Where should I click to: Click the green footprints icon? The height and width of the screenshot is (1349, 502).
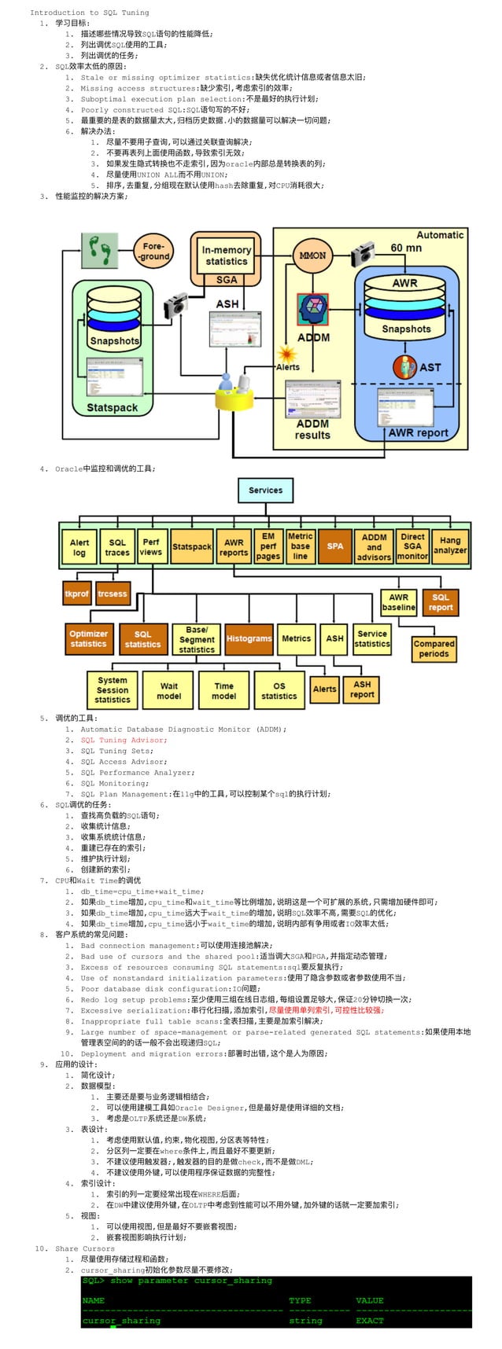point(101,251)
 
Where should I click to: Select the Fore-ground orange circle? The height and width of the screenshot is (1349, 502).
point(153,251)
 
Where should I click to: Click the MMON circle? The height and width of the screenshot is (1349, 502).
point(312,255)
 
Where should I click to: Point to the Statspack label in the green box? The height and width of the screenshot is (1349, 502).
point(112,407)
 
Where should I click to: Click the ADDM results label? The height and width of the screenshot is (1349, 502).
point(312,429)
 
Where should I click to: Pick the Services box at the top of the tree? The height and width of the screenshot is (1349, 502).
point(265,491)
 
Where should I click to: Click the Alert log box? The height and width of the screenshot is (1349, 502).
point(79,547)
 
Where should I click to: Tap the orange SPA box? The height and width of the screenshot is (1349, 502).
point(334,546)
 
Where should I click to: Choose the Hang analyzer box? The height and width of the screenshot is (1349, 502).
point(450,546)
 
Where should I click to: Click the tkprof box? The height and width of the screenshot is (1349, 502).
point(77,594)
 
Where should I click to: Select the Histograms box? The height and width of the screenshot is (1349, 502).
point(249,639)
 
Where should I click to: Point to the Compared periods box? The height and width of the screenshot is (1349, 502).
point(434,649)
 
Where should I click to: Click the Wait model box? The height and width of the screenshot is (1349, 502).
point(169,690)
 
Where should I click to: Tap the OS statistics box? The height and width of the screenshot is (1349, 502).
point(279,690)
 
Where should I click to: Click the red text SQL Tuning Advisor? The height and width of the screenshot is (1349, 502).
point(124,740)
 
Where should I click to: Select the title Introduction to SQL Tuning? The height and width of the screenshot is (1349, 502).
point(89,13)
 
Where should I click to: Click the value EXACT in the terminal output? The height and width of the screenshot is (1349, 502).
point(370,1321)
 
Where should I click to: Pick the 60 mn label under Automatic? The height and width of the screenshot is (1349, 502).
point(406,248)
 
